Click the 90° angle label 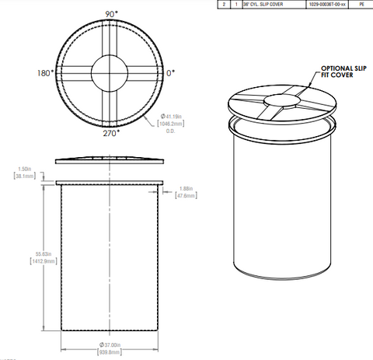111,14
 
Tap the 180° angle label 44,73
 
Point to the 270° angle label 111,134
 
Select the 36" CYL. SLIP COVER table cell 263,4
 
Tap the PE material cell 361,4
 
